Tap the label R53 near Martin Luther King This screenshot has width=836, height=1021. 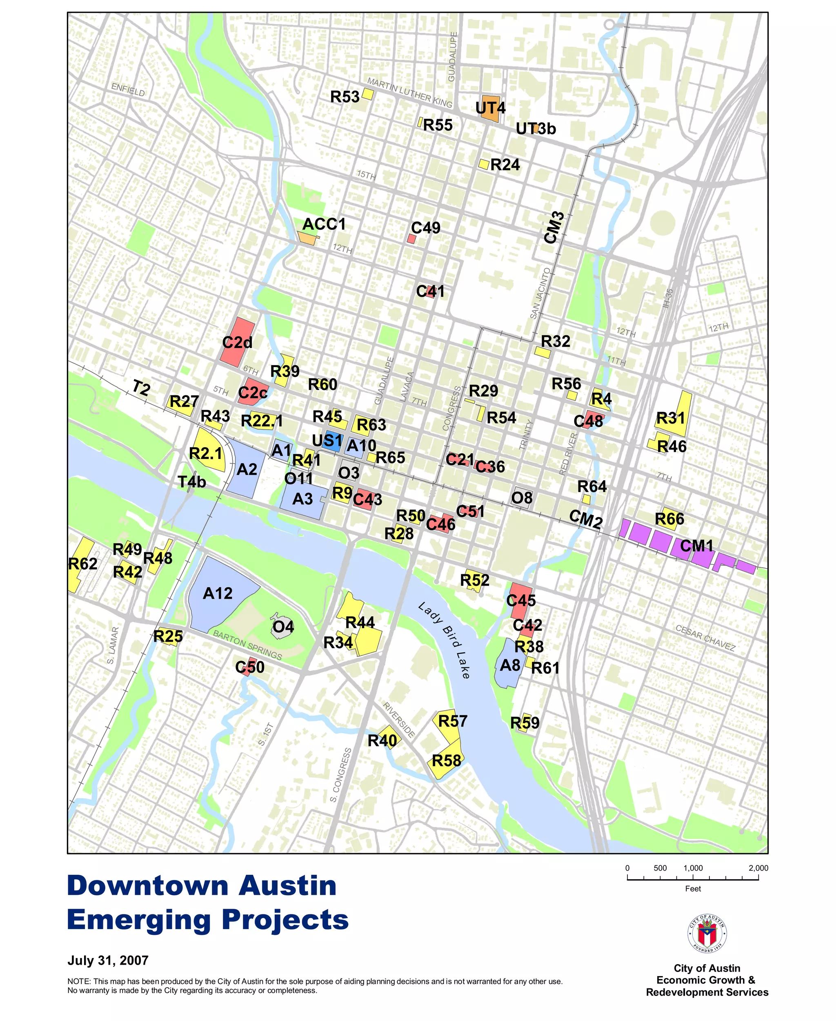(345, 97)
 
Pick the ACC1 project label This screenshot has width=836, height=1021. (324, 224)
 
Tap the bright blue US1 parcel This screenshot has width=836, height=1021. (331, 441)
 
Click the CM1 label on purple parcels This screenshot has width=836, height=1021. (696, 546)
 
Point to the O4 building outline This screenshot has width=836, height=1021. (282, 626)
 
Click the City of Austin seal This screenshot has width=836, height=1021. (707, 933)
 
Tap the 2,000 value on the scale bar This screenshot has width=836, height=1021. (758, 868)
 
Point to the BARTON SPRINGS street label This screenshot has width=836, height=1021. (247, 645)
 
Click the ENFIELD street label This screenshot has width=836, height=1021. (128, 89)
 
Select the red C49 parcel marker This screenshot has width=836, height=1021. (411, 239)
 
